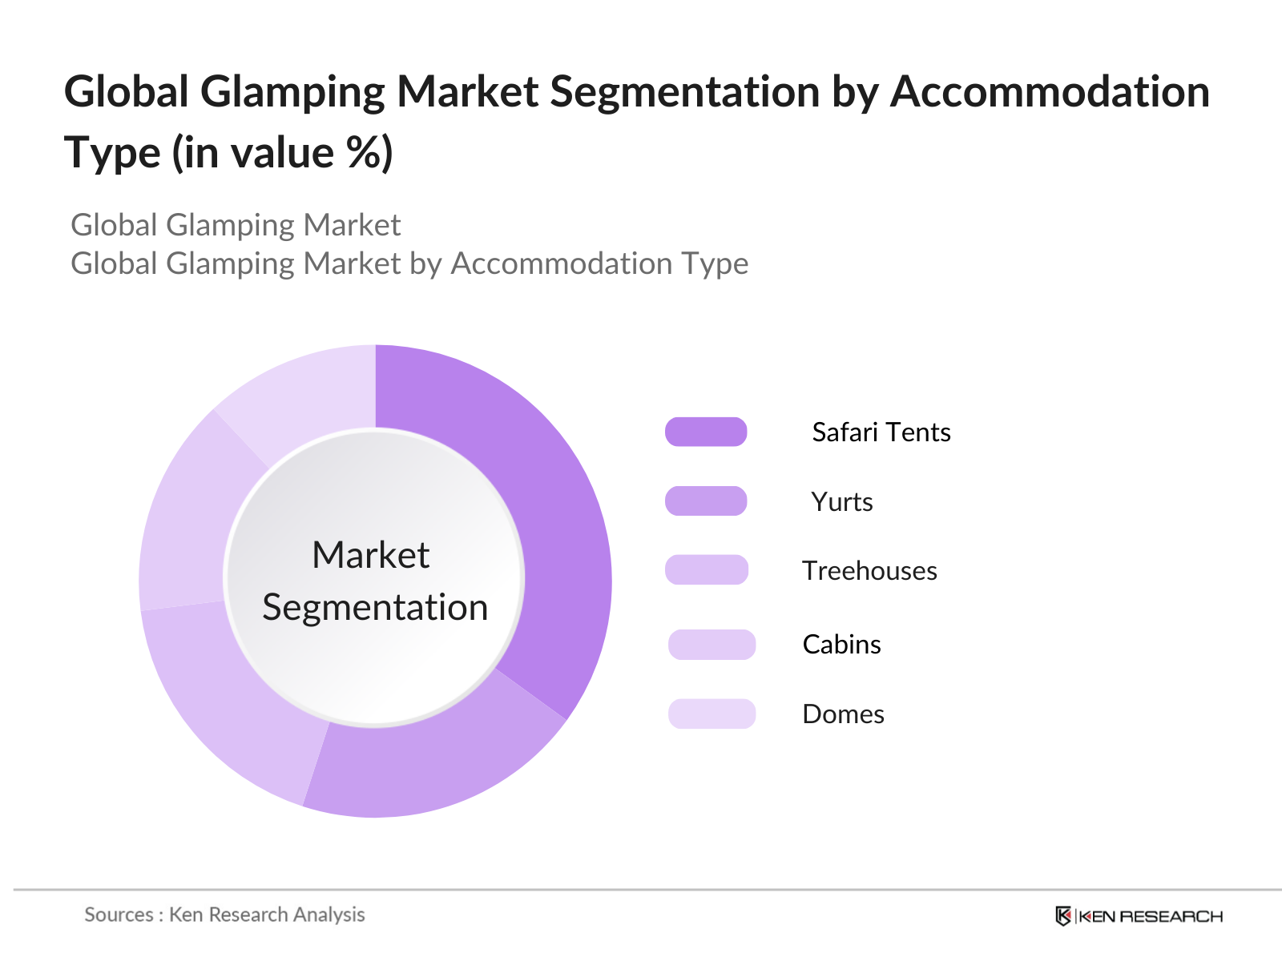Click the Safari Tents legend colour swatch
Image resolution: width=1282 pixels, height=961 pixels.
[x=706, y=432]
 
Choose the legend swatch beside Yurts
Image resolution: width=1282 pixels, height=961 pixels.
[x=706, y=501]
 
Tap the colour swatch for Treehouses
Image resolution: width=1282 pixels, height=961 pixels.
[x=706, y=569]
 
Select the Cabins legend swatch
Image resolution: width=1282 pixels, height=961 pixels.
[x=712, y=644]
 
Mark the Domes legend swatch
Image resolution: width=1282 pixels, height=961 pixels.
[x=712, y=714]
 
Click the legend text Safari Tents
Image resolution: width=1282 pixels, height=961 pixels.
[x=881, y=432]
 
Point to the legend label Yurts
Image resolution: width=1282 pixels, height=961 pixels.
[x=841, y=502]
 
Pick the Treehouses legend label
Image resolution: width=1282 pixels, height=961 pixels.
[x=869, y=571]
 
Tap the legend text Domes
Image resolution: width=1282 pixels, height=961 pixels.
[x=844, y=714]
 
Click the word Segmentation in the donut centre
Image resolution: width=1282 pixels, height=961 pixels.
[x=375, y=608]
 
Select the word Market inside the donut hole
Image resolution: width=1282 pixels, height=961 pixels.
[x=371, y=554]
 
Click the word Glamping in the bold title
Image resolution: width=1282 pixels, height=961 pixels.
[x=292, y=92]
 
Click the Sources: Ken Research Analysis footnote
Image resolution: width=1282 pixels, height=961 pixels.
[x=225, y=915]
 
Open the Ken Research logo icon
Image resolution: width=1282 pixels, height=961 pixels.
[x=1063, y=916]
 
